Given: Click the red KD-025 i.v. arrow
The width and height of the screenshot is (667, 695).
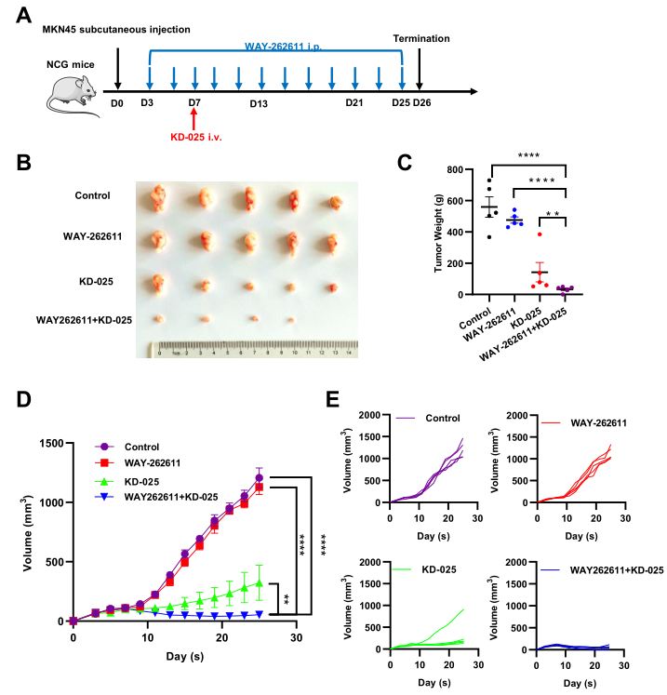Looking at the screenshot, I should click(x=194, y=121).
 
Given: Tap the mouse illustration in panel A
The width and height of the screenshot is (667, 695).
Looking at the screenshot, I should click(x=73, y=91).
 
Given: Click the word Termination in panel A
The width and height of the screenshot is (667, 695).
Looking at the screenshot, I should click(x=421, y=39).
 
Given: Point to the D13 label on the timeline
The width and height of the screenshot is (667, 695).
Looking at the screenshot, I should click(x=259, y=102).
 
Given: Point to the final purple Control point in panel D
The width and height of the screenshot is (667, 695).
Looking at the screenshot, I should click(x=259, y=478).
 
